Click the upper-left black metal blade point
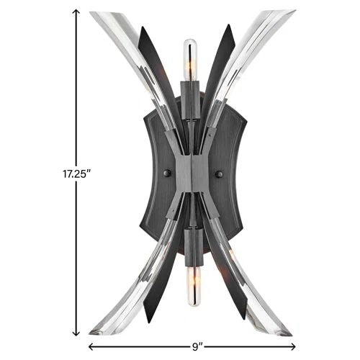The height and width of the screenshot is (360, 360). (141, 30)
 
